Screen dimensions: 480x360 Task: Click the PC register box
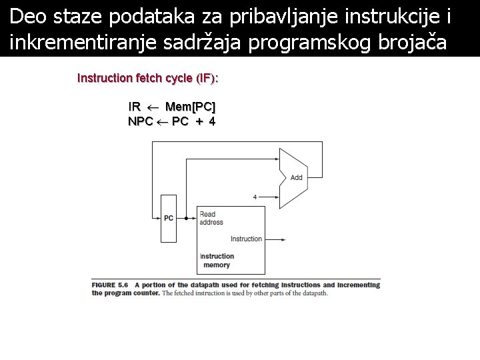168,218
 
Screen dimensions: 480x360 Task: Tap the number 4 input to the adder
255,197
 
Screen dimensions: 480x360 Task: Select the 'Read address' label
211,218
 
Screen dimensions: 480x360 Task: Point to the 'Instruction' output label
246,239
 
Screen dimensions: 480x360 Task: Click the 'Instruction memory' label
217,261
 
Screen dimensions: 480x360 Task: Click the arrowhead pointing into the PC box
157,218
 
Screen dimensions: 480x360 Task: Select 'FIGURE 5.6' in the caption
109,285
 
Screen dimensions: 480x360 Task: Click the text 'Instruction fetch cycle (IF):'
148,79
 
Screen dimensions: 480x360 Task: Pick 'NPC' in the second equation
140,121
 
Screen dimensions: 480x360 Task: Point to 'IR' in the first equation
135,107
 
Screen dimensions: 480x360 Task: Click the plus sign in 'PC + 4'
199,121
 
